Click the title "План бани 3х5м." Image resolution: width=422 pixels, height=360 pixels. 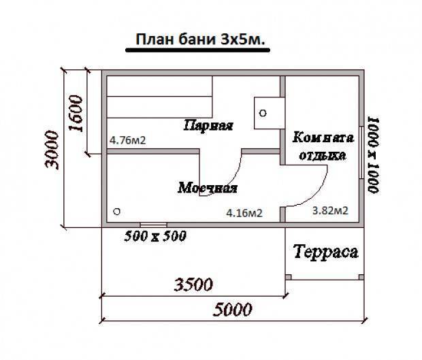tap(200, 39)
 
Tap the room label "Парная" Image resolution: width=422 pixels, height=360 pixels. tap(208, 125)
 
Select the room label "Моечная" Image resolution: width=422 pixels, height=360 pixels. tap(208, 188)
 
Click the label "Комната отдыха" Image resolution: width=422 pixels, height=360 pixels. tap(323, 146)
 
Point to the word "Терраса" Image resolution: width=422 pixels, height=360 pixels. tap(325, 252)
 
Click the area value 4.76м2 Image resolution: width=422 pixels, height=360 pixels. tap(127, 140)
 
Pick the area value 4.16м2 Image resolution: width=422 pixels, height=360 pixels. tap(244, 213)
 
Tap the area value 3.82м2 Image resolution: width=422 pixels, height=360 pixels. tap(330, 210)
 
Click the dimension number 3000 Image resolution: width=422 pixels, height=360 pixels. tap(52, 150)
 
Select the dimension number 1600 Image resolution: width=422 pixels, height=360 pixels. tap(76, 113)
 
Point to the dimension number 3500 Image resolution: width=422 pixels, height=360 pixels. tap(193, 284)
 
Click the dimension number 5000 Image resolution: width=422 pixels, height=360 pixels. tap(232, 310)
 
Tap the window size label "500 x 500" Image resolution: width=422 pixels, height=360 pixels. tap(155, 236)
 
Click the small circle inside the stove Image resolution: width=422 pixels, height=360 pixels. tap(263, 113)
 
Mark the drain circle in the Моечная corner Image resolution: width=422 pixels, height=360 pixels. tap(116, 212)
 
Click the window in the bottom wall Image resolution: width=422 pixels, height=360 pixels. tap(153, 225)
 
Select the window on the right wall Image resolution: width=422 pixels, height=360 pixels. tap(361, 152)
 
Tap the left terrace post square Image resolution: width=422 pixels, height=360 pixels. tap(288, 277)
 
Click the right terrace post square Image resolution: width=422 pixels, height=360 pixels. tap(361, 277)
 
